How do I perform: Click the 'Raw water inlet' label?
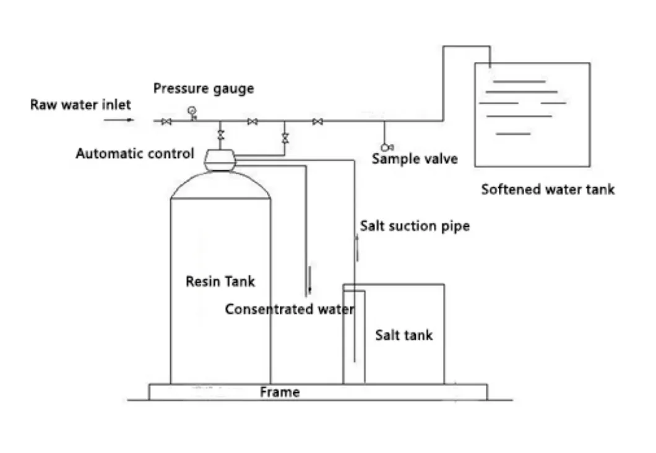pos(80,105)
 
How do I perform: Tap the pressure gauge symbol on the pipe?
pos(192,112)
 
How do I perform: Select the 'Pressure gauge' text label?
pos(204,89)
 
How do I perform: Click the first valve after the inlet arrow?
pos(166,122)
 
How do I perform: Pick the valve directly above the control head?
pos(220,134)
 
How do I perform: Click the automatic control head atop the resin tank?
pos(220,160)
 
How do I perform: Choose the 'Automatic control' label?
pos(135,154)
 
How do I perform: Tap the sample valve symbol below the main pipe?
pos(387,147)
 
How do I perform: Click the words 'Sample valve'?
pos(415,159)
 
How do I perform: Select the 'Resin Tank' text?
pos(220,281)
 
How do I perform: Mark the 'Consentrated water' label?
pos(289,309)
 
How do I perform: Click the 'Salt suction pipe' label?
pos(415,226)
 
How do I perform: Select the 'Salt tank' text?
pos(404,335)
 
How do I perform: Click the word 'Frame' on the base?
pos(280,392)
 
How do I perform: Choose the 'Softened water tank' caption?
pos(548,190)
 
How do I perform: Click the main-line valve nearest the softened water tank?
pos(317,122)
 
